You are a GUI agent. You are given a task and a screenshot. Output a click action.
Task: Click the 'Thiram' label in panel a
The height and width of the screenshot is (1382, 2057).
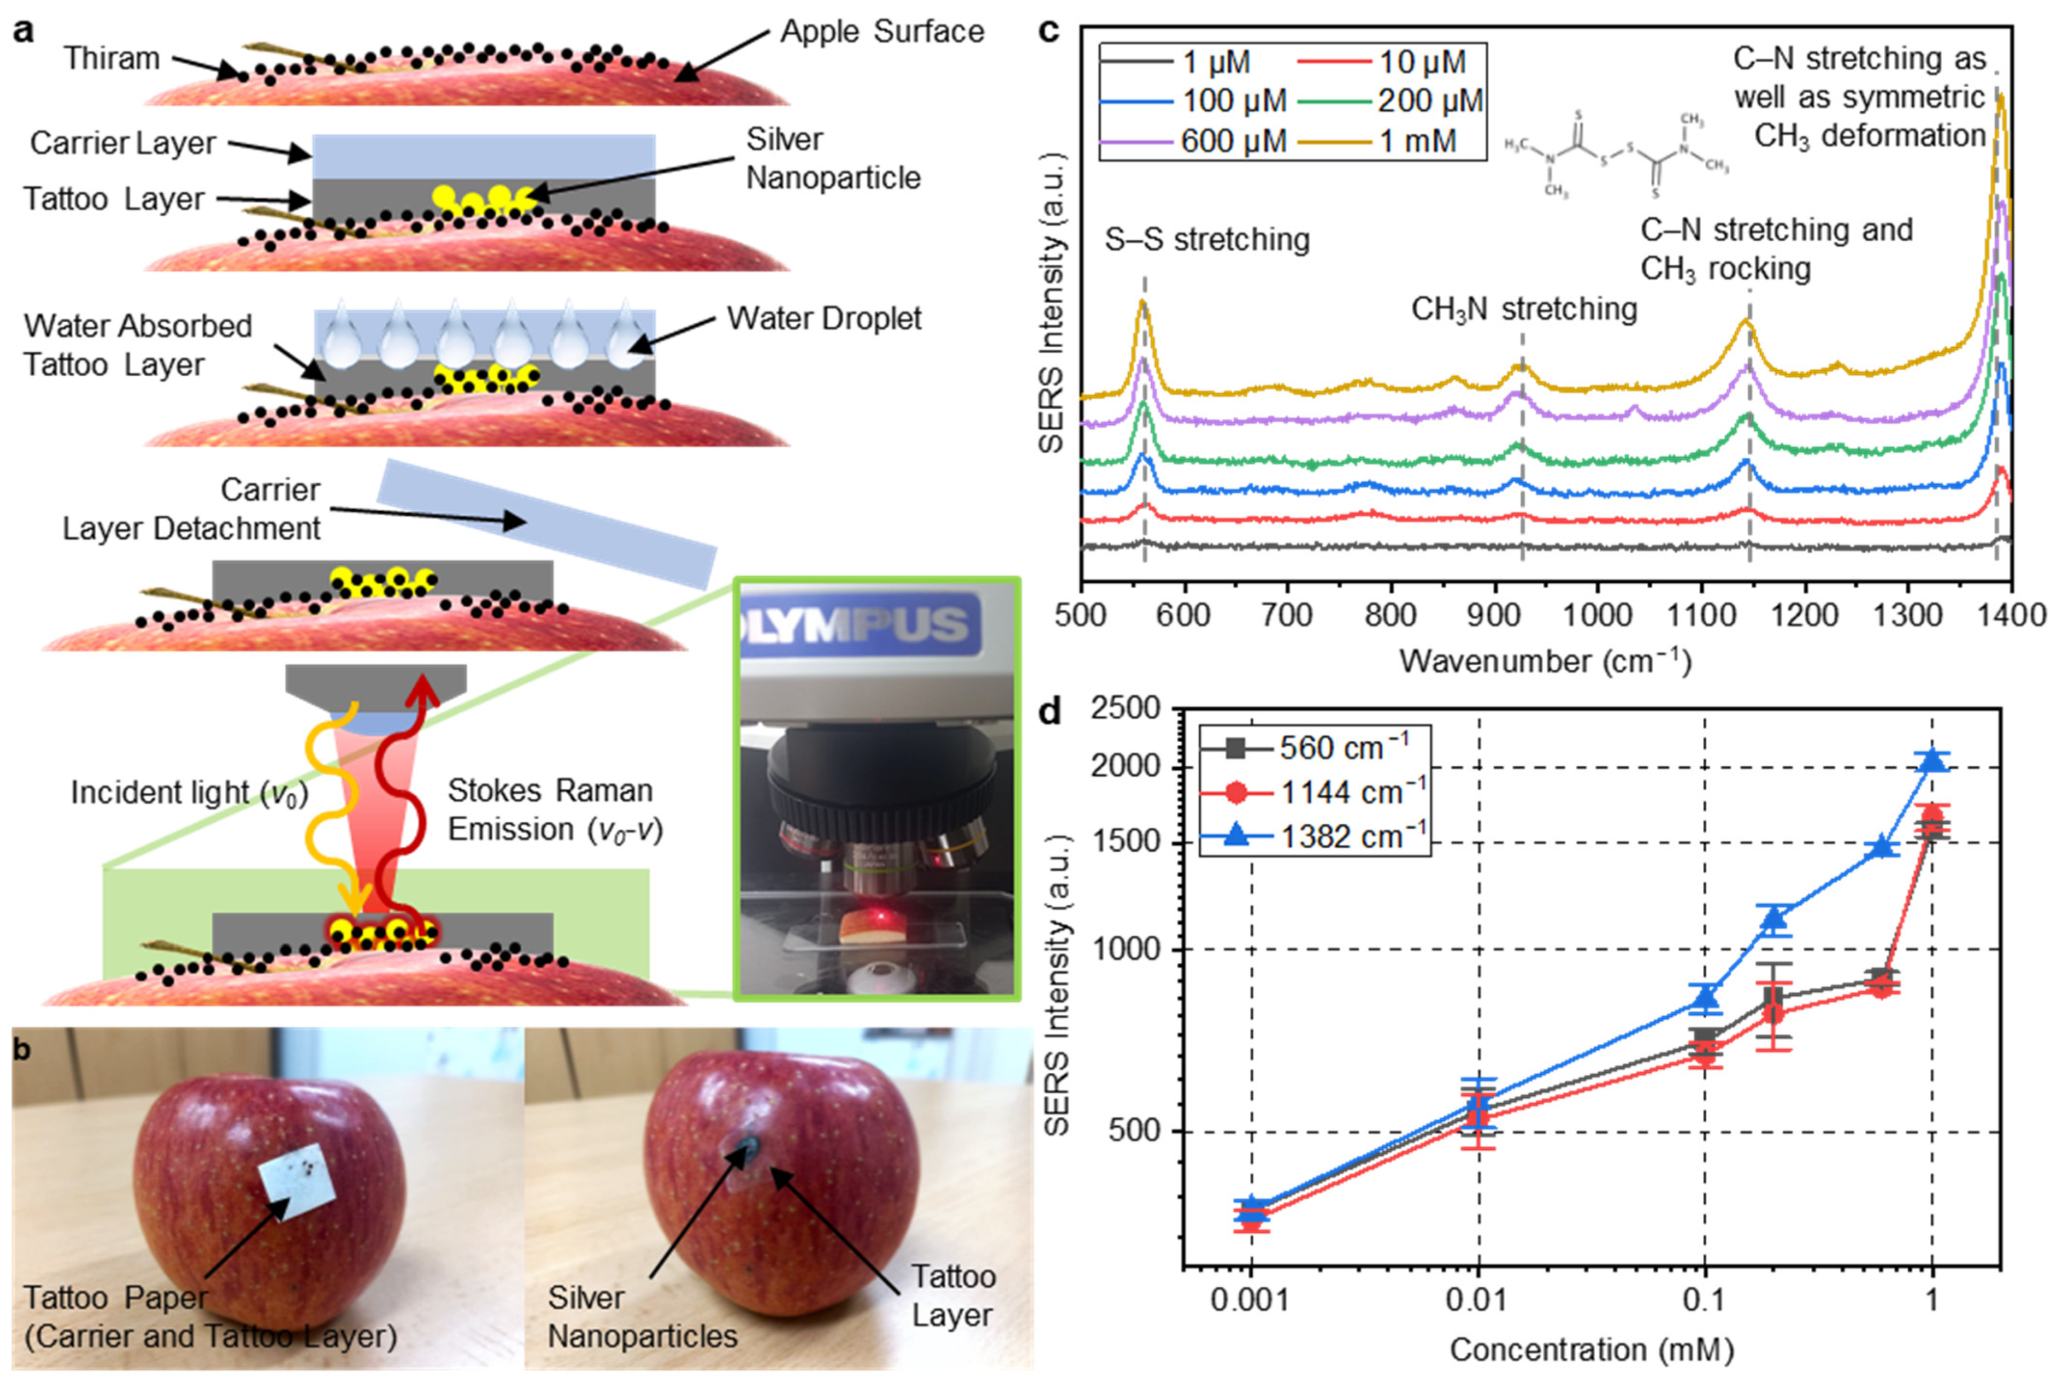point(112,58)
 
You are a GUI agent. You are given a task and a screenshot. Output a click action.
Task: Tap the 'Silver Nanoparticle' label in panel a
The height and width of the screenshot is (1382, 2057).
point(832,159)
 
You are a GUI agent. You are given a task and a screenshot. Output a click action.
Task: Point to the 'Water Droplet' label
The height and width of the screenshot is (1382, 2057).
point(824,318)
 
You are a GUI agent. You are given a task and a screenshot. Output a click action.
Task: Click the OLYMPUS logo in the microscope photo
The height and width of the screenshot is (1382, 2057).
point(859,624)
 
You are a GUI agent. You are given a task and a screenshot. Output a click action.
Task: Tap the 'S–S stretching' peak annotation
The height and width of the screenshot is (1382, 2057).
point(1207,240)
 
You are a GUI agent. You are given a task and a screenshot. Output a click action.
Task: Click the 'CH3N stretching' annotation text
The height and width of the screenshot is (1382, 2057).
point(1524,309)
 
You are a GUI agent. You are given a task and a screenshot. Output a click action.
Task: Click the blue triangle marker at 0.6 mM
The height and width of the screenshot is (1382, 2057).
point(1881,845)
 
